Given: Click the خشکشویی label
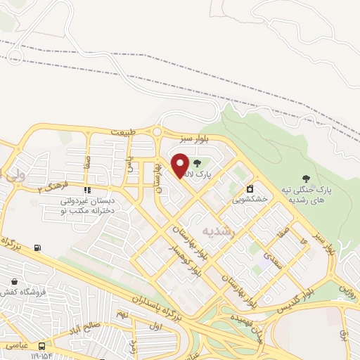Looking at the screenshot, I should coord(250,199).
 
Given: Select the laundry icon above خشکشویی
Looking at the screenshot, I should coord(250,188).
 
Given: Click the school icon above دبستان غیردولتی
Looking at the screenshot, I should coord(87,190).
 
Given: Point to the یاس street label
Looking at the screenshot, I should coord(129,167).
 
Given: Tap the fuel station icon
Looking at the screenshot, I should coord(37,247).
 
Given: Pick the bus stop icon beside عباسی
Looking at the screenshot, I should coord(42,346).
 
